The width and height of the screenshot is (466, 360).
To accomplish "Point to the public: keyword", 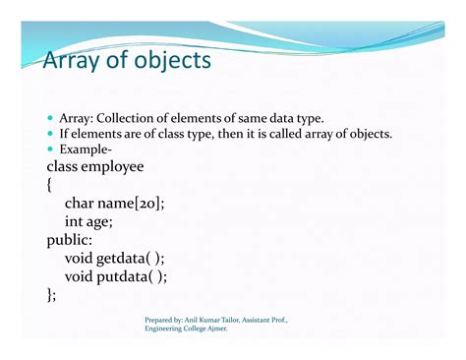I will (71, 240).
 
